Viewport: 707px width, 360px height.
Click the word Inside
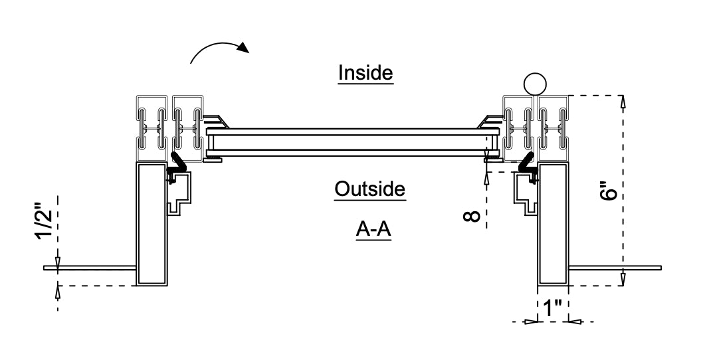click(x=366, y=72)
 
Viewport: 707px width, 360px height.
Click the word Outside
click(x=369, y=189)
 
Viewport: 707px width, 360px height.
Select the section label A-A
click(x=372, y=229)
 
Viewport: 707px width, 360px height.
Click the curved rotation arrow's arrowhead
click(x=245, y=48)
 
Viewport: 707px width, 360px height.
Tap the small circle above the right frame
click(x=534, y=84)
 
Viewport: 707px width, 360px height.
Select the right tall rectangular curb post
click(x=553, y=223)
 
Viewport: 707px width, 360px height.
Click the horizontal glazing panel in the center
click(x=352, y=142)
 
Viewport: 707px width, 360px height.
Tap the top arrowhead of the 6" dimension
click(x=623, y=101)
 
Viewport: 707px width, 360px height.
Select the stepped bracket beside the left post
click(x=181, y=193)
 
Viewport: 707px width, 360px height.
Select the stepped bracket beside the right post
click(x=525, y=193)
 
